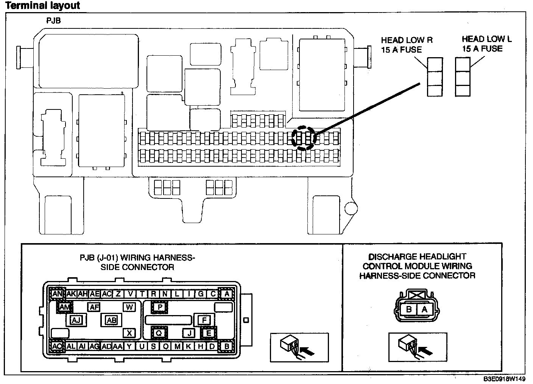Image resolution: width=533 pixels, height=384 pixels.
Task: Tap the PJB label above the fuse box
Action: tap(53, 21)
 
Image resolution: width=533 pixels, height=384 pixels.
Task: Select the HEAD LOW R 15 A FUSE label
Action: tap(407, 45)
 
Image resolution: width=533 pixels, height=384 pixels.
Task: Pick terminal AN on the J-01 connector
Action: tap(58, 293)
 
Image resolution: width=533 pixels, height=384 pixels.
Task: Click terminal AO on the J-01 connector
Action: tap(58, 346)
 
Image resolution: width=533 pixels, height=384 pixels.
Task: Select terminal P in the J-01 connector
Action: tap(160, 307)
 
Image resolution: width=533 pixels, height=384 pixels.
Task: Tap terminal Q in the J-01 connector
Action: tap(159, 333)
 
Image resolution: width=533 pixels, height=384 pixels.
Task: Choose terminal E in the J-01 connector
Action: tap(209, 333)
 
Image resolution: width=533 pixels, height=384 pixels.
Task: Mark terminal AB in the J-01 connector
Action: tap(111, 320)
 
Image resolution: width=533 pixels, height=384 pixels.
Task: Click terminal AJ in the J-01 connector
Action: tap(76, 320)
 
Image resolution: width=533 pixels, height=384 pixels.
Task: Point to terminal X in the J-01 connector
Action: tap(129, 333)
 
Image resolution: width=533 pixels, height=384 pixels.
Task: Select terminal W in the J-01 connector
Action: tap(129, 307)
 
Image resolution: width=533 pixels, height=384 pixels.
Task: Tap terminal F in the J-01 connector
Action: tap(204, 320)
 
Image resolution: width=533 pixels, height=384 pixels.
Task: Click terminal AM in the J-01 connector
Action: tap(65, 307)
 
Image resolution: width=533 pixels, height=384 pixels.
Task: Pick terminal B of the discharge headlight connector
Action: tap(408, 309)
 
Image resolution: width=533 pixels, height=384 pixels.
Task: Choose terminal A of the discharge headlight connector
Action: tap(424, 309)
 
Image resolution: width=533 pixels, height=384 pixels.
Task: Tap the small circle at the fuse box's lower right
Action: tap(351, 207)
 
